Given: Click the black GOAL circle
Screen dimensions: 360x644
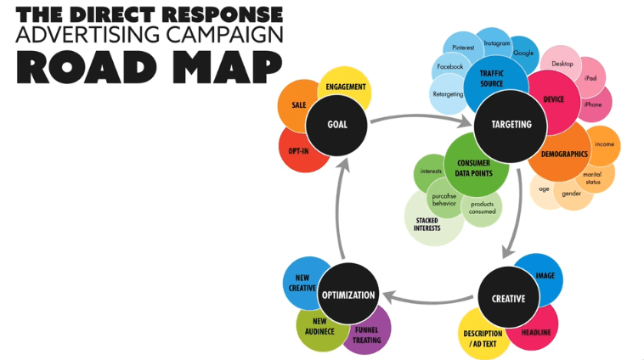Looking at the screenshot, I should coord(337,124).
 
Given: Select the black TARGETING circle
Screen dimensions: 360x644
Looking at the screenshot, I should coord(511,124).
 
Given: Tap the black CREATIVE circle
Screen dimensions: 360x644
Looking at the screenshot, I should coord(508,299).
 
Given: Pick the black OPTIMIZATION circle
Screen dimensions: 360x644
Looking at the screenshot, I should coord(348,295).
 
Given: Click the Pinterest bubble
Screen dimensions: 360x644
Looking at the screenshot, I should coord(463,48).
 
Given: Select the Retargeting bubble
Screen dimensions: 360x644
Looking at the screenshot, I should coord(447,94).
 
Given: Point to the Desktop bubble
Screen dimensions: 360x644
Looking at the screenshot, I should coord(562,64).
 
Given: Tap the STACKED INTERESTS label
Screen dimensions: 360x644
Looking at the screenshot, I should coord(427,224).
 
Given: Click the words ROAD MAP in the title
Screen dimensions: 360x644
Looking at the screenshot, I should coord(149,65).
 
